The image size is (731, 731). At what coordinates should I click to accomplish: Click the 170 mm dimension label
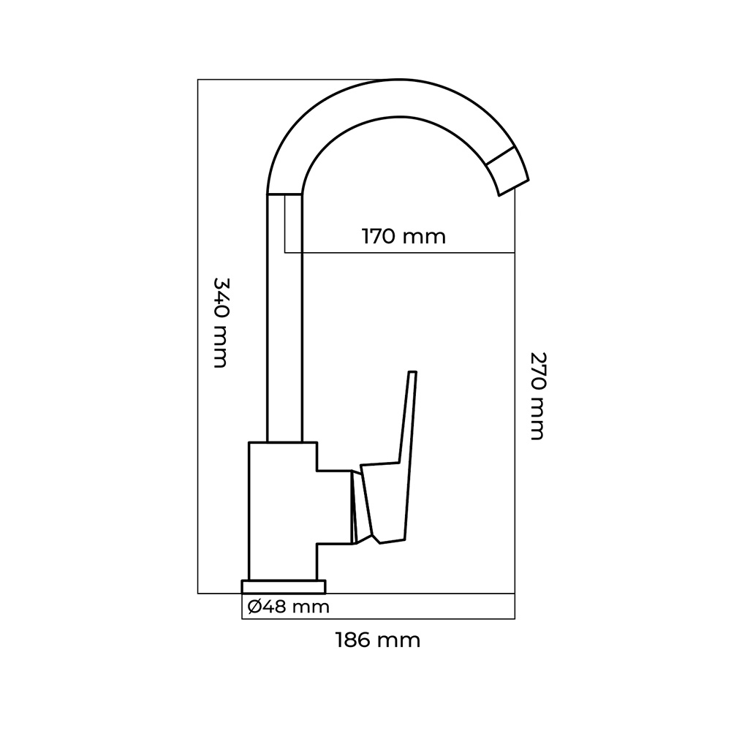[x=404, y=237]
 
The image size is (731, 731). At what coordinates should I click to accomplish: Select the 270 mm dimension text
[x=537, y=395]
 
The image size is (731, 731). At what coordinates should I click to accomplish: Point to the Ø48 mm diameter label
[x=288, y=606]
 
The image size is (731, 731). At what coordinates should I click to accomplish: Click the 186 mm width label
[x=378, y=641]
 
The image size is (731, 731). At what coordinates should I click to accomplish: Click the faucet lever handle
[x=387, y=497]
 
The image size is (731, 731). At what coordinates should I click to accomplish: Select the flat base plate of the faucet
[x=284, y=586]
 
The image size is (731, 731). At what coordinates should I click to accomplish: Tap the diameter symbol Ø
[x=254, y=606]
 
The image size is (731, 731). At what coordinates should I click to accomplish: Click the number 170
[x=379, y=237]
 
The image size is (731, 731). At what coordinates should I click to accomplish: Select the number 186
[x=354, y=641]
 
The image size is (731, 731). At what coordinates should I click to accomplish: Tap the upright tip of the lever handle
[x=412, y=376]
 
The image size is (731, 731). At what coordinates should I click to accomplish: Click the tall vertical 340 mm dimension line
[x=198, y=336]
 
